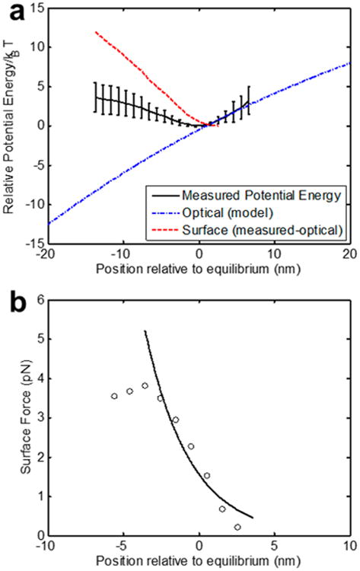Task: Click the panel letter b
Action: pos(13,295)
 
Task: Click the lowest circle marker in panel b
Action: pos(237,527)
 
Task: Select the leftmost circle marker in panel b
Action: pos(114,396)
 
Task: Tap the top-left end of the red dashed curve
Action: pos(95,32)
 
